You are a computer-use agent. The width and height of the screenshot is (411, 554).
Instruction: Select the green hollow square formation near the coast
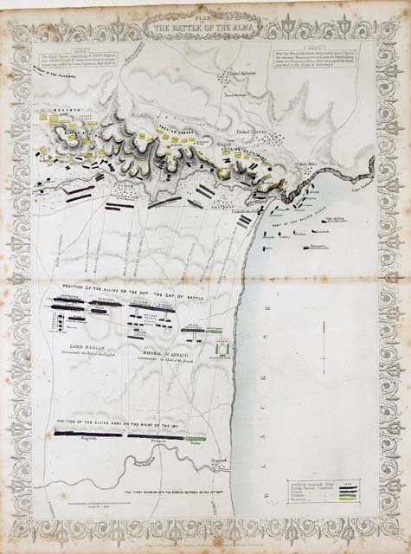224,350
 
